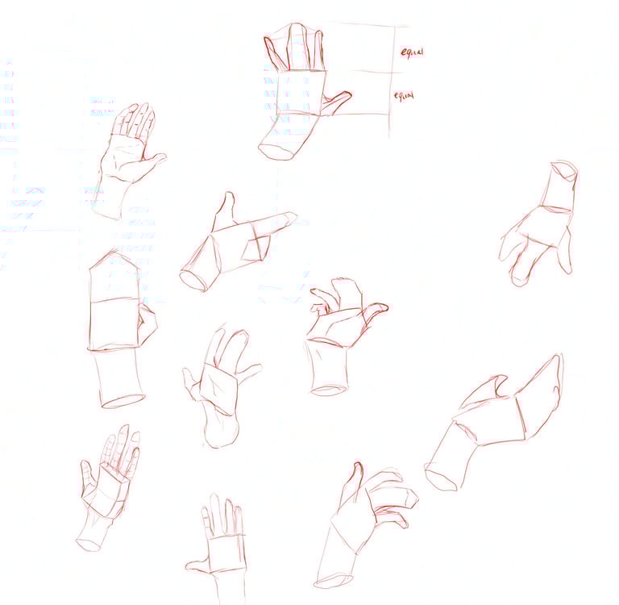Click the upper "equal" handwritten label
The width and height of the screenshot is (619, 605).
pos(412,52)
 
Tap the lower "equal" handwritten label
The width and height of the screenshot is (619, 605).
pos(404,96)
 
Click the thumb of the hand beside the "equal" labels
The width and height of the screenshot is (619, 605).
pos(337,102)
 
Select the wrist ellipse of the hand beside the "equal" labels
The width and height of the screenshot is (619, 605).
pos(276,152)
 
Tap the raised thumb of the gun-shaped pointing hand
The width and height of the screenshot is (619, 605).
pos(224,211)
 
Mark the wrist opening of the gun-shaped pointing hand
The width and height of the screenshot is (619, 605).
pos(193,280)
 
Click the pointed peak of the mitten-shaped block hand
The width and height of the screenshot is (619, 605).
pos(115,252)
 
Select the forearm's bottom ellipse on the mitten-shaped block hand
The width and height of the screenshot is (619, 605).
pos(123,401)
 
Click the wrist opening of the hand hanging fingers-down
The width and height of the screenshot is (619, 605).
pos(564,169)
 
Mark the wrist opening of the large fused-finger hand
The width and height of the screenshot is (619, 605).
pos(441,478)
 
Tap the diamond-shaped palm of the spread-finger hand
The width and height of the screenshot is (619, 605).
pos(219,389)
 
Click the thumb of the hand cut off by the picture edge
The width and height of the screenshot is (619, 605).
pos(198,565)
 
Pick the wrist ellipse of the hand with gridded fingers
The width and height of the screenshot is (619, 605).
pos(89,544)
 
